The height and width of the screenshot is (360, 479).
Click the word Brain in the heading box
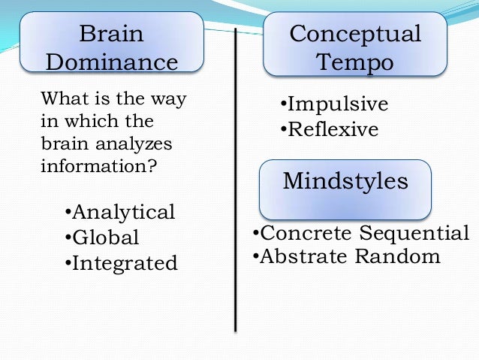pos(112,35)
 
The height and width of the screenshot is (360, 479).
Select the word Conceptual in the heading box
pos(355,34)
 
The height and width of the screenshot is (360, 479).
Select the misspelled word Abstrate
pos(305,256)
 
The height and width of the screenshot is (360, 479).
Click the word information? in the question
pos(99,165)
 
